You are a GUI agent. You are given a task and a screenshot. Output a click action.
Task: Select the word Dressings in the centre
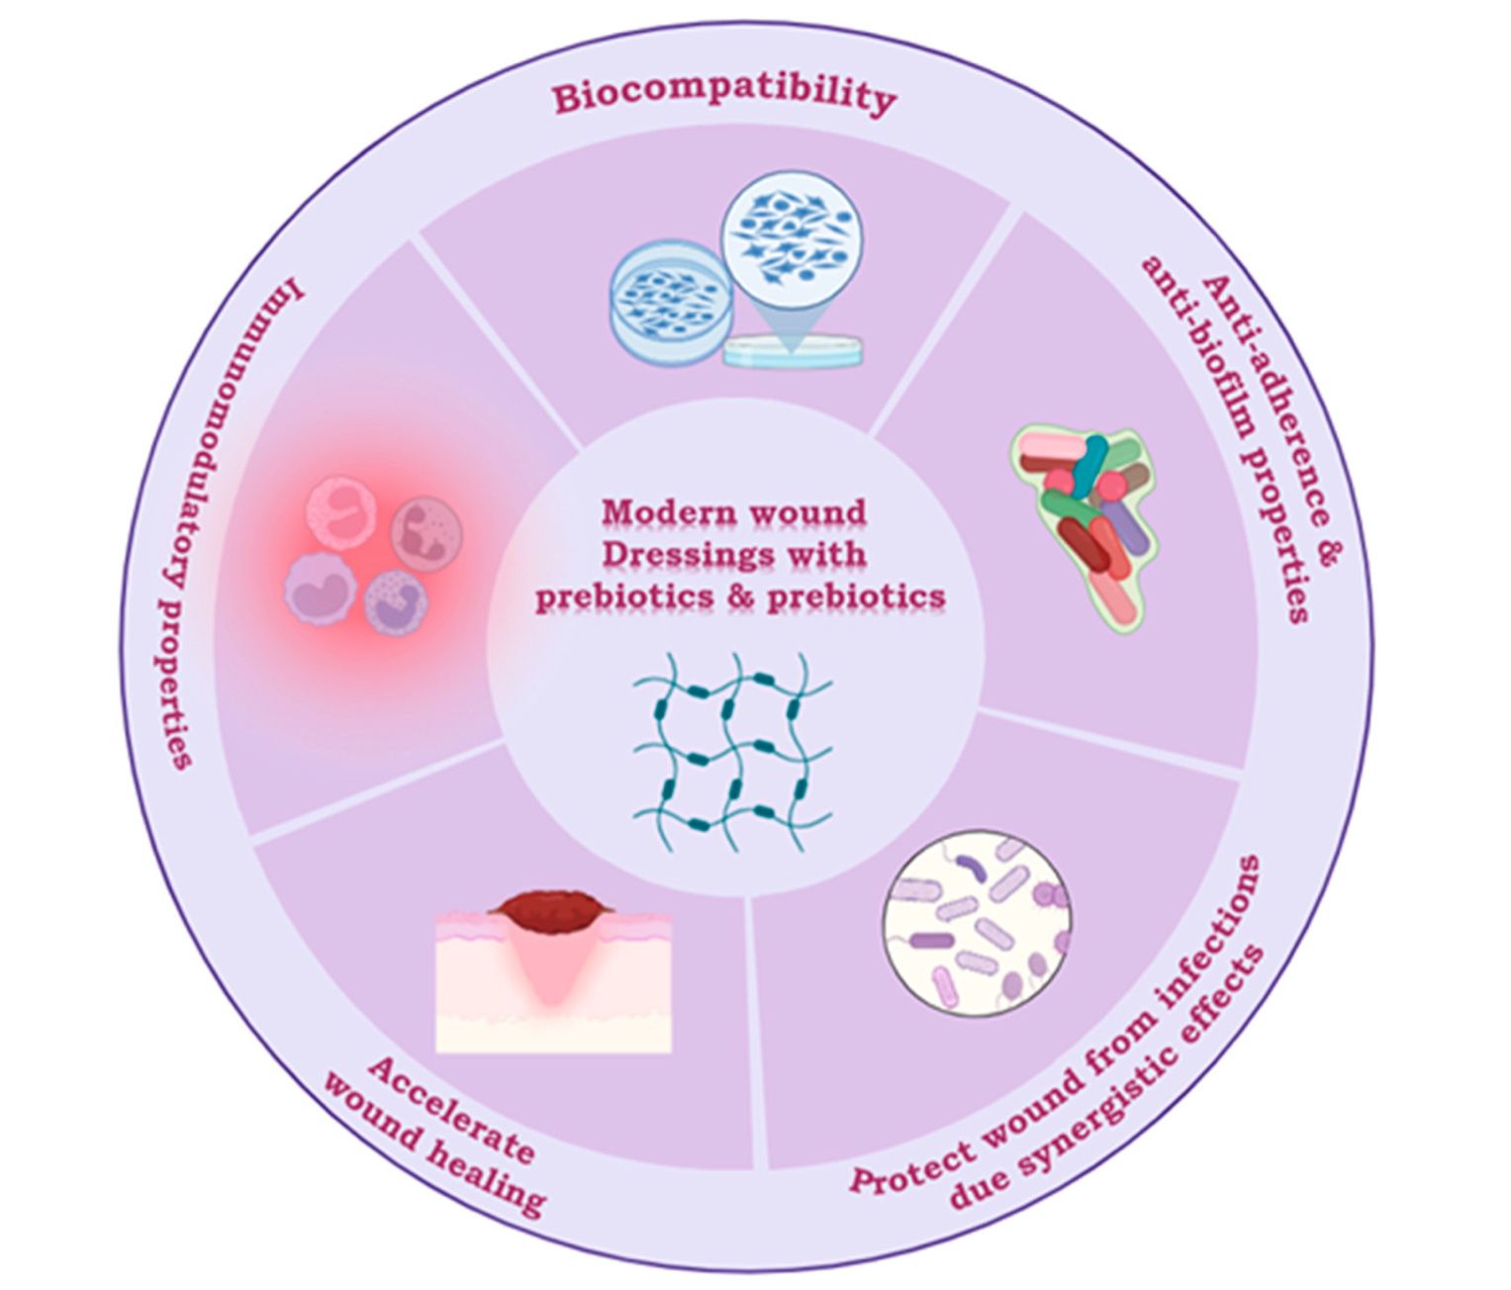[x=680, y=554]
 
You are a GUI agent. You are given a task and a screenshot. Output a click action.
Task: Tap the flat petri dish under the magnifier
[x=792, y=350]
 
